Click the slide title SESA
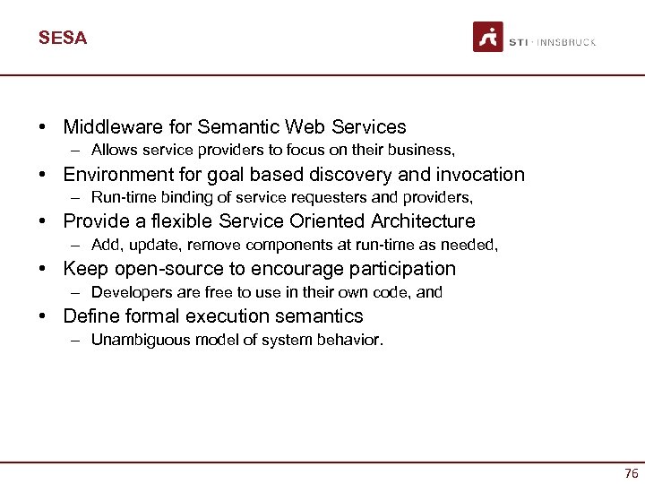coord(63,38)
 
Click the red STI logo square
coord(488,37)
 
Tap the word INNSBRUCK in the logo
coord(566,42)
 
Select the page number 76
coord(631,473)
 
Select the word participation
coord(404,269)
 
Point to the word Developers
coord(130,292)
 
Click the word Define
coord(90,316)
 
